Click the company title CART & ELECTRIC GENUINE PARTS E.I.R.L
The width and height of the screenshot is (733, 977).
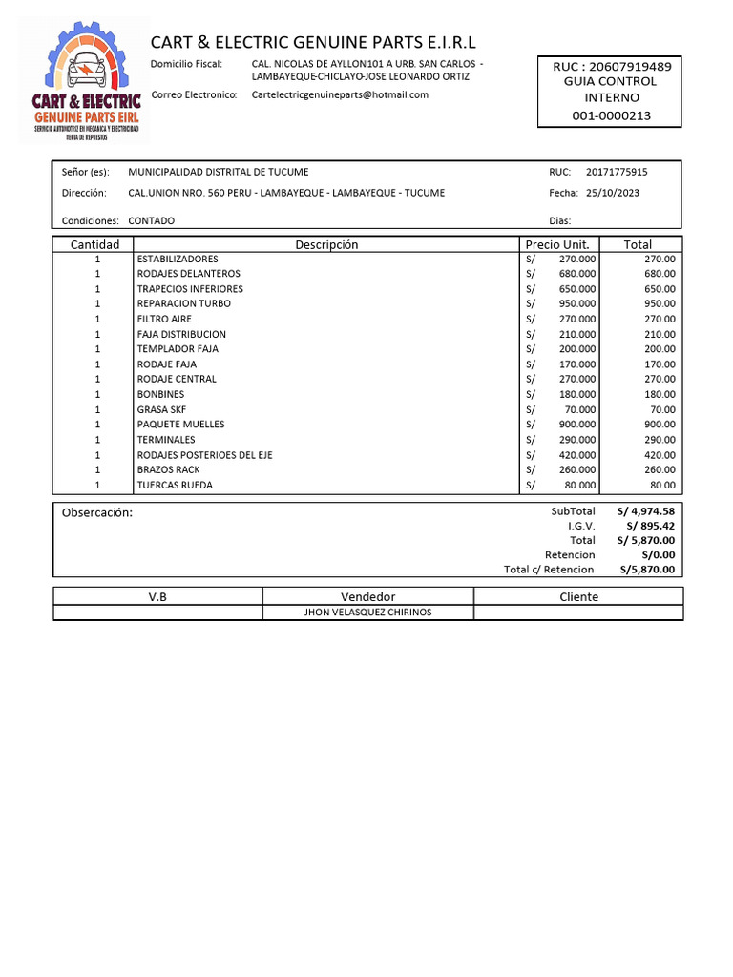pos(313,42)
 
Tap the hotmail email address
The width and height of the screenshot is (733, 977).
pos(340,94)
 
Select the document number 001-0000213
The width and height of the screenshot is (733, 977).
pos(611,114)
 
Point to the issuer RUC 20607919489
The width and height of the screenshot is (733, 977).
pos(611,66)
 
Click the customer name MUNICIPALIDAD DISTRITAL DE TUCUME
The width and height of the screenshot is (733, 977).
pos(219,172)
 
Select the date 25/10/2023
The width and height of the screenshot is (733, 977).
pos(612,193)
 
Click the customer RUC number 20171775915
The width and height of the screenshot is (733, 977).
pos(617,172)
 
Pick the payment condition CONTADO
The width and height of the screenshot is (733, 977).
pos(152,220)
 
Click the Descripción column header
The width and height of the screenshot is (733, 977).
pos(326,244)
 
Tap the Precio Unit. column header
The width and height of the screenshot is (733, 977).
pos(556,244)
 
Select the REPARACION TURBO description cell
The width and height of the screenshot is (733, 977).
pos(184,303)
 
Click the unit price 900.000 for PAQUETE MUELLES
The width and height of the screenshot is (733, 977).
pos(576,425)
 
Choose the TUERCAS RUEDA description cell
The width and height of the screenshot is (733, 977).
pos(176,485)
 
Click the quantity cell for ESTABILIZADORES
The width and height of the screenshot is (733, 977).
pos(96,259)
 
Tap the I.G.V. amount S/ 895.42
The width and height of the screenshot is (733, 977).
pos(651,526)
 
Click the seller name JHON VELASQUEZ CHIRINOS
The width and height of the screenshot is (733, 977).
pos(367,613)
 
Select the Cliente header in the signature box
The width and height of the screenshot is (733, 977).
pos(578,596)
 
